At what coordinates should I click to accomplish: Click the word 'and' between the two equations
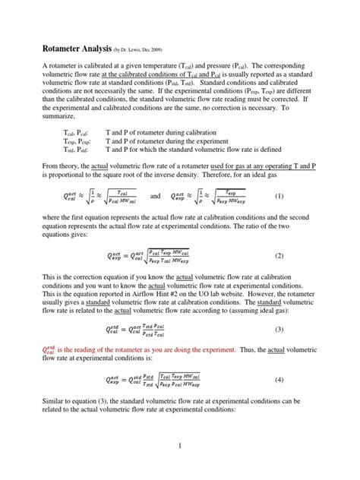[156, 196]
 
